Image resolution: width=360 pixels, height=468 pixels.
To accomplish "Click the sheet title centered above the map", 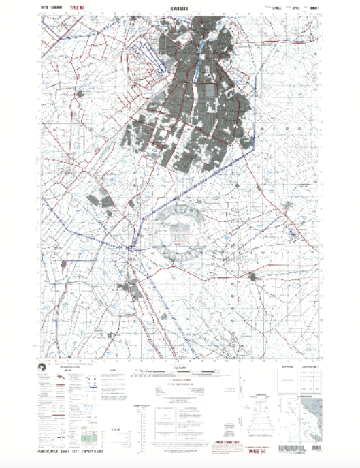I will point(179,10).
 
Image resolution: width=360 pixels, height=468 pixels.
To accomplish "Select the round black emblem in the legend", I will point(43,369).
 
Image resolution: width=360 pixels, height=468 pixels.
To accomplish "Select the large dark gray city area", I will point(191,102).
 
